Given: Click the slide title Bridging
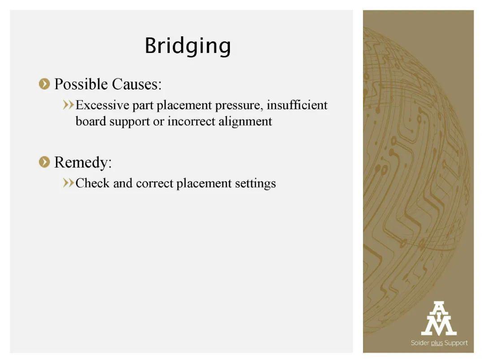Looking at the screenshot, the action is pyautogui.click(x=188, y=46).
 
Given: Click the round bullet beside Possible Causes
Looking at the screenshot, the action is pyautogui.click(x=44, y=84).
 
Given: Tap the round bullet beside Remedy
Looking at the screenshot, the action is pyautogui.click(x=44, y=162).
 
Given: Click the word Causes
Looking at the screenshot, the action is pyautogui.click(x=137, y=84).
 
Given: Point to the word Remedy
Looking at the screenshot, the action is pyautogui.click(x=83, y=163).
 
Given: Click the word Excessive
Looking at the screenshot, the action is pyautogui.click(x=103, y=105).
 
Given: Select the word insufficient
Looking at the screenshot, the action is pyautogui.click(x=297, y=105).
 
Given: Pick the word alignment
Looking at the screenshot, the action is pyautogui.click(x=246, y=121).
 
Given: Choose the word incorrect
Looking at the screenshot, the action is pyautogui.click(x=191, y=121).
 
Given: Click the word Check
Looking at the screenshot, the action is pyautogui.click(x=93, y=183).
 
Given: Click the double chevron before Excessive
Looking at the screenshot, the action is pyautogui.click(x=68, y=105).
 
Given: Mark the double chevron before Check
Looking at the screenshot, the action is pyautogui.click(x=68, y=183).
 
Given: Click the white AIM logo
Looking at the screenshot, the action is pyautogui.click(x=439, y=319).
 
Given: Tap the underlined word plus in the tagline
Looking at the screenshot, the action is pyautogui.click(x=437, y=343).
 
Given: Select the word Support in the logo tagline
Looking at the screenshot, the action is pyautogui.click(x=456, y=343).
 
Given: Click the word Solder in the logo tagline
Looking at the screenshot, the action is pyautogui.click(x=420, y=343).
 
